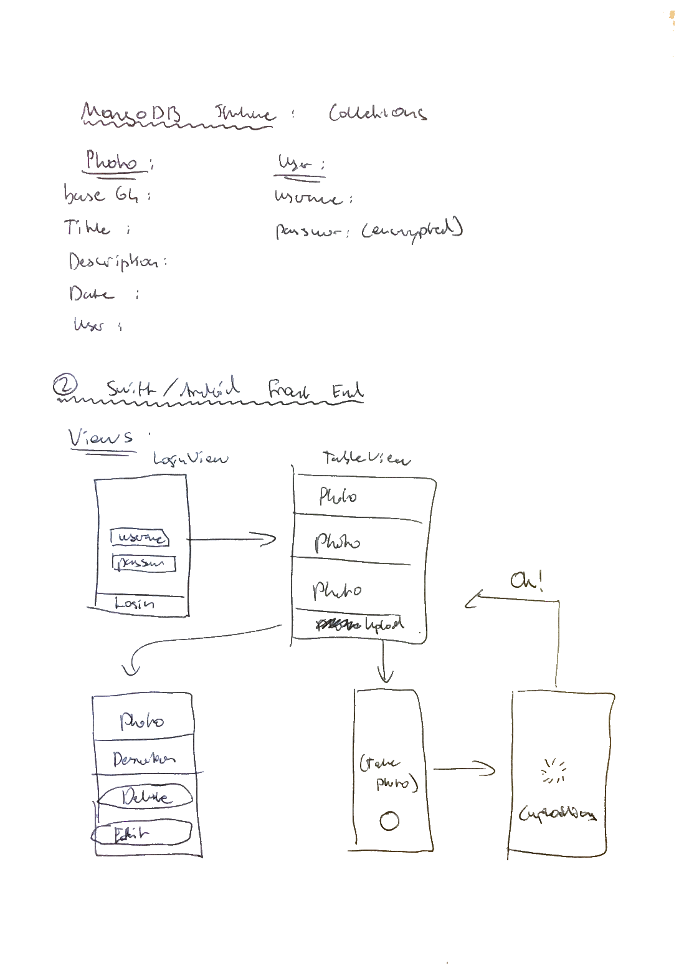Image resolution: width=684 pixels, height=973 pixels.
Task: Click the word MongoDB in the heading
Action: coord(131,113)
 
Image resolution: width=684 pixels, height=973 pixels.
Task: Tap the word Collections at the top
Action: coord(378,113)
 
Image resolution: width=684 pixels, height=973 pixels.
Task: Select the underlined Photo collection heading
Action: coord(112,161)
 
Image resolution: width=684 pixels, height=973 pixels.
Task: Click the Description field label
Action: coord(115,261)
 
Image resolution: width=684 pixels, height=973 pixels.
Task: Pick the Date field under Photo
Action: coord(92,294)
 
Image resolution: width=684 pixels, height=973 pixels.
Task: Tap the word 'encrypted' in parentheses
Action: coord(412,231)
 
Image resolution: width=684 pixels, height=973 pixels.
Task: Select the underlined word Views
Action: coord(100,438)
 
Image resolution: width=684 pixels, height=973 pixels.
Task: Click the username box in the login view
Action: coord(140,537)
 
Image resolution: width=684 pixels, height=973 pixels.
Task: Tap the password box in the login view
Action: coord(144,563)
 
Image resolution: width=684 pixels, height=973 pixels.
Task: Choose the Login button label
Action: coord(135,603)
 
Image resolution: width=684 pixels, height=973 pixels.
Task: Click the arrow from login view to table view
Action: coord(232,539)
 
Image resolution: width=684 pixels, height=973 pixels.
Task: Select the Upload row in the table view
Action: coord(359,625)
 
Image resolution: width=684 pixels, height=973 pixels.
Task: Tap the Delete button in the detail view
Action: coord(145,796)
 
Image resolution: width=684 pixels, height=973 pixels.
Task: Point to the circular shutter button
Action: coord(389,821)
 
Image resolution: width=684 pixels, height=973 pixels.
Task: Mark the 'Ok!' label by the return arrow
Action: coord(526,581)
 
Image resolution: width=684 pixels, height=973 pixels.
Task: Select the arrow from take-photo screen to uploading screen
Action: coord(464,769)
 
